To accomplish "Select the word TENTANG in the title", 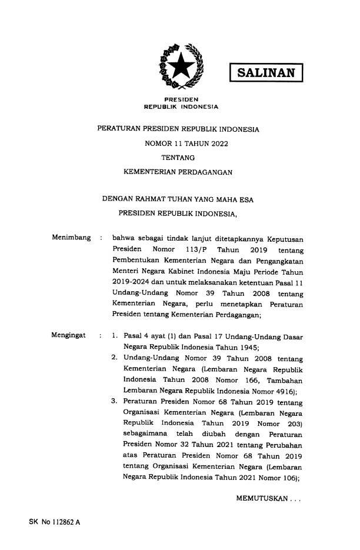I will (x=179, y=158).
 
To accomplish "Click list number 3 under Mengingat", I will (x=114, y=402).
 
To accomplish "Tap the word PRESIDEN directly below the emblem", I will (x=180, y=99).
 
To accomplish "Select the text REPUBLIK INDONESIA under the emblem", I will (x=180, y=108).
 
